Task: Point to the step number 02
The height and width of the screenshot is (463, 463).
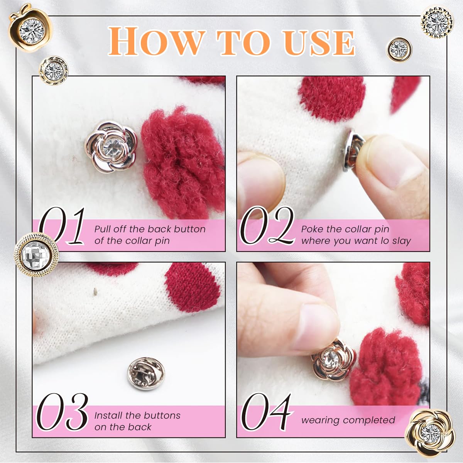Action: pos(267,226)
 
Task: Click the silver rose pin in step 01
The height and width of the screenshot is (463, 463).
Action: pos(111,147)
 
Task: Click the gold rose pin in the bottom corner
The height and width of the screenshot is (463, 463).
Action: pos(430,433)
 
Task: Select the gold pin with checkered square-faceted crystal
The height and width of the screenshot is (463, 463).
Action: pos(36,255)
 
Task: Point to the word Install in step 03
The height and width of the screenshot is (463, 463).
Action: pos(108,416)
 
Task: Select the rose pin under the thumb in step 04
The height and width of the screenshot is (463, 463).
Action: pos(333,360)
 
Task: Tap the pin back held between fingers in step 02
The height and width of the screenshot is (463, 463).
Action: pos(353,150)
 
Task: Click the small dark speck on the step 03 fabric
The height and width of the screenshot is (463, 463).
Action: pos(95,291)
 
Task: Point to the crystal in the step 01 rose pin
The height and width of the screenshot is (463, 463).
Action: pos(111,146)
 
